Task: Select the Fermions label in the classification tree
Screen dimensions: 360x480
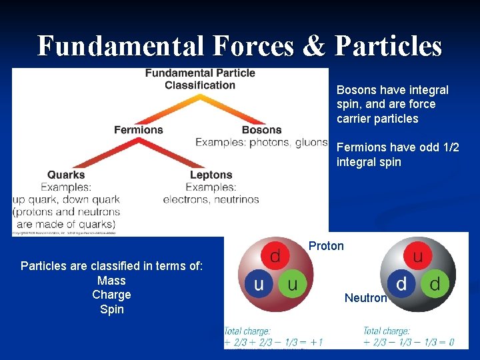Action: pos(138,129)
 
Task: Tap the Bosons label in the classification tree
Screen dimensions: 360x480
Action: pos(261,129)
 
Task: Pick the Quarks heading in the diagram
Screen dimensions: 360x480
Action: pos(66,175)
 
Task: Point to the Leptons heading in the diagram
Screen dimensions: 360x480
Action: pos(211,175)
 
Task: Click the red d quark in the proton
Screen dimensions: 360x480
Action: pos(274,257)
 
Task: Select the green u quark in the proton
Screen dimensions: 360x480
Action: pos(291,285)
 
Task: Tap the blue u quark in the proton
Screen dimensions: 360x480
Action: pos(258,285)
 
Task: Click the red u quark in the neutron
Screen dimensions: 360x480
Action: pos(418,257)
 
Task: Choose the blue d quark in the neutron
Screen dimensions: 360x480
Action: pos(401,285)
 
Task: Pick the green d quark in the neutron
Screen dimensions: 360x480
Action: pos(435,285)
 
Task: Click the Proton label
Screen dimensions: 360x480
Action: pos(326,246)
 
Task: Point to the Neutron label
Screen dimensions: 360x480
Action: pos(365,298)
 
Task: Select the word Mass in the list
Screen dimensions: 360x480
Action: pos(111,281)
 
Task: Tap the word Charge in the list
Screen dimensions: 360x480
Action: pos(111,295)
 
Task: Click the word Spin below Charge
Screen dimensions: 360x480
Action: pos(111,309)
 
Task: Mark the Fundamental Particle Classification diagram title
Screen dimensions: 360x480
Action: pos(200,79)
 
